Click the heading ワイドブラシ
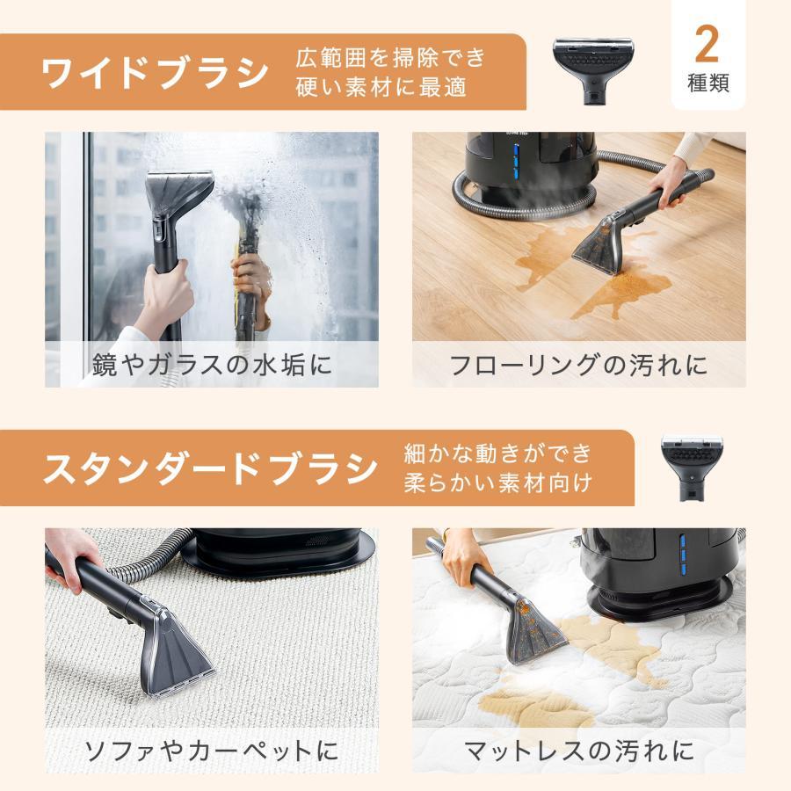coord(155,73)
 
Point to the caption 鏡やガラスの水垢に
coord(212,364)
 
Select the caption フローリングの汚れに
coord(578,364)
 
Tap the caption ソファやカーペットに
coord(211,751)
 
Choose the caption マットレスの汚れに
coord(578,751)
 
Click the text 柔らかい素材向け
coord(497,483)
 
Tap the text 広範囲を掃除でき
coord(390,58)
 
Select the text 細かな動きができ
coord(497,454)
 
